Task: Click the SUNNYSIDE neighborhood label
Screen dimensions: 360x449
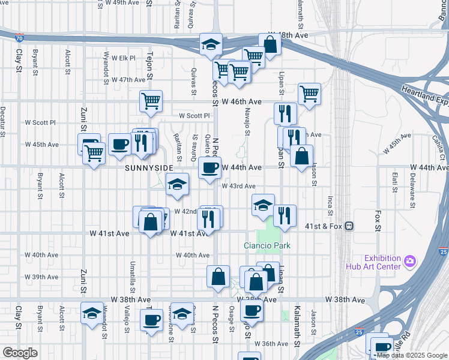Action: (x=149, y=168)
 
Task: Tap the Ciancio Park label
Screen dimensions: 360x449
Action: (x=267, y=245)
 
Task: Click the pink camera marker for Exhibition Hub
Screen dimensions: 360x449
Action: (x=410, y=261)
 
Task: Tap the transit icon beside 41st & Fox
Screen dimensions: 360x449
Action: (x=349, y=226)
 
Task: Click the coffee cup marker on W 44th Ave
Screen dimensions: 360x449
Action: (x=209, y=168)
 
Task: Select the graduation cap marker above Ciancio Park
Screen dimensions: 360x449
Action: (x=263, y=205)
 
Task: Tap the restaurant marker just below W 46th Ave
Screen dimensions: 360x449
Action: (x=286, y=113)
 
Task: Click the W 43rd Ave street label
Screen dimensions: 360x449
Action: (x=239, y=187)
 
